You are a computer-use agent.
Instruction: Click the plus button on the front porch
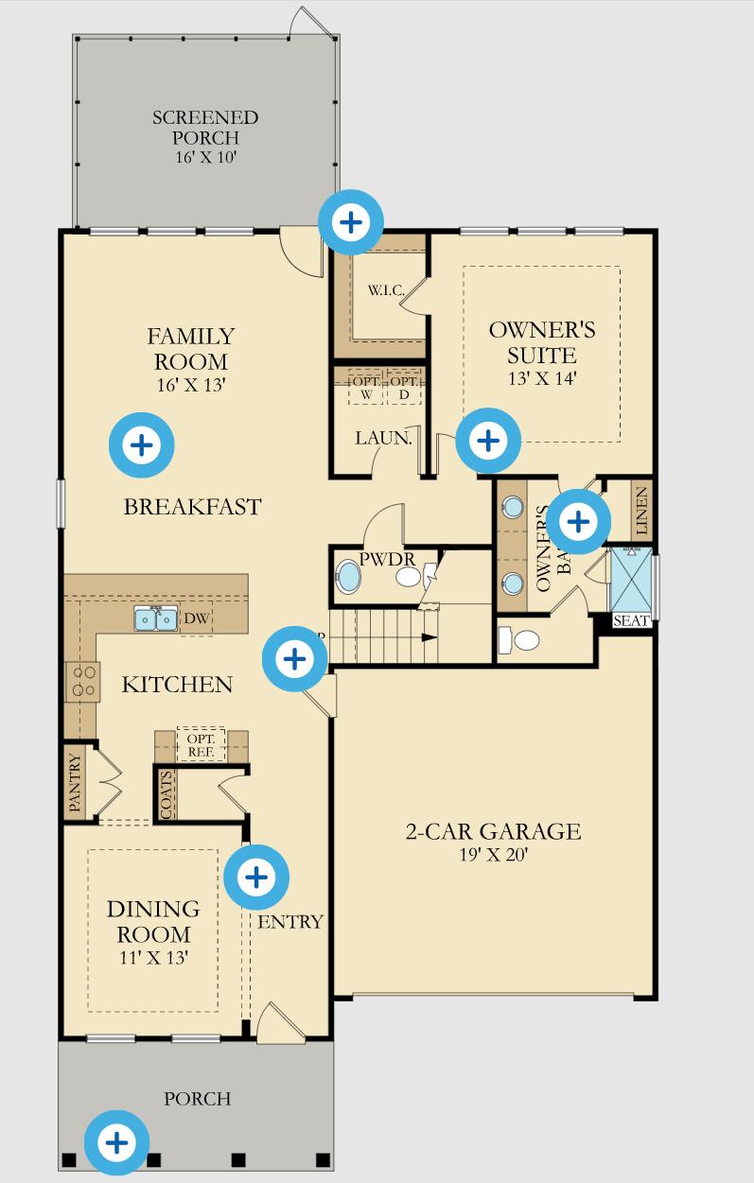(x=116, y=1142)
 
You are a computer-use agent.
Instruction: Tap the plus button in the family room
(x=142, y=444)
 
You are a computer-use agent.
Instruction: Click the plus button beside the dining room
(x=255, y=877)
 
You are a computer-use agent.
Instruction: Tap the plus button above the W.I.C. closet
(x=351, y=222)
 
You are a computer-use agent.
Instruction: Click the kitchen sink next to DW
(x=156, y=618)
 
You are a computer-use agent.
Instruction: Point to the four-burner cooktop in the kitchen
(x=82, y=681)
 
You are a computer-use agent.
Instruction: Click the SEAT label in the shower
(x=631, y=621)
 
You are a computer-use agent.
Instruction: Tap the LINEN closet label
(x=641, y=511)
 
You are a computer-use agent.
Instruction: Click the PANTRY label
(x=75, y=783)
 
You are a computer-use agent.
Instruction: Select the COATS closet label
(x=167, y=794)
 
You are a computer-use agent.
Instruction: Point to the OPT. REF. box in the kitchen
(x=201, y=744)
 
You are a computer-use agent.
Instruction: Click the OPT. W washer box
(x=366, y=387)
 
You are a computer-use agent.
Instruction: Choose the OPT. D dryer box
(x=404, y=387)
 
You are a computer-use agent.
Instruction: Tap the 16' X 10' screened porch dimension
(x=205, y=157)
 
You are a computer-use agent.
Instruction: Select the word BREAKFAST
(x=192, y=507)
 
